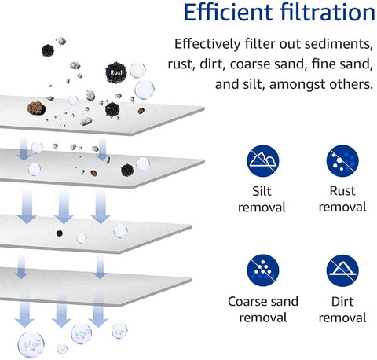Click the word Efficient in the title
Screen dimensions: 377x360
pos(228,12)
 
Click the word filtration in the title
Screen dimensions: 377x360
pos(328,12)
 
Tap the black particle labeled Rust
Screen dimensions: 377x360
pos(116,72)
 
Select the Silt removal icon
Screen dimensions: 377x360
pos(262,161)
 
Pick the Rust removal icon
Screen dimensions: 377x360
pos(342,161)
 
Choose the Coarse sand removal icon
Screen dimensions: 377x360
pos(262,270)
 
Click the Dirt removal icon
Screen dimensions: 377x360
pos(342,270)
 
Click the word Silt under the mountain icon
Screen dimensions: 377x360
pos(262,191)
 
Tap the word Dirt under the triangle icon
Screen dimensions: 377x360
pos(342,301)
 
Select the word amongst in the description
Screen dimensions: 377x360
pos(297,85)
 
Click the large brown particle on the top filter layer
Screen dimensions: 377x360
pos(36,108)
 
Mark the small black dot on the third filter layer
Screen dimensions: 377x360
pos(60,233)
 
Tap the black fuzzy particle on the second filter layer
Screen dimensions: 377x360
pos(127,170)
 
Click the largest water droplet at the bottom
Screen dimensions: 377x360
pos(31,344)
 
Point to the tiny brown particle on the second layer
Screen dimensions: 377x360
pos(94,173)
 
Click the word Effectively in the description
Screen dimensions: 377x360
pos(207,43)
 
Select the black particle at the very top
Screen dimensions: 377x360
pos(48,50)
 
